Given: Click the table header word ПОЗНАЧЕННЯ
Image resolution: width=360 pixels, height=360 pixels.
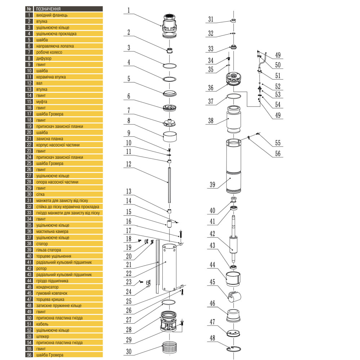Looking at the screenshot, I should pos(48,9).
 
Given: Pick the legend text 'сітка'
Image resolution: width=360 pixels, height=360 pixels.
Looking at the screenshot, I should pos(41,194).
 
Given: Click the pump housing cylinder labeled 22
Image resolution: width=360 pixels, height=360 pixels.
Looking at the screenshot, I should pos(169,267).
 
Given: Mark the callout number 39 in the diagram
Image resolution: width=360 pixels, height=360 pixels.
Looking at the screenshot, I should pos(212,185).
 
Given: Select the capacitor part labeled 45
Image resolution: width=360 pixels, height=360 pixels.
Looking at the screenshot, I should pos(234,297).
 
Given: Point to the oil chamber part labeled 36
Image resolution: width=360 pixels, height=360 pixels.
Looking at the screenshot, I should pos(233,79).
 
